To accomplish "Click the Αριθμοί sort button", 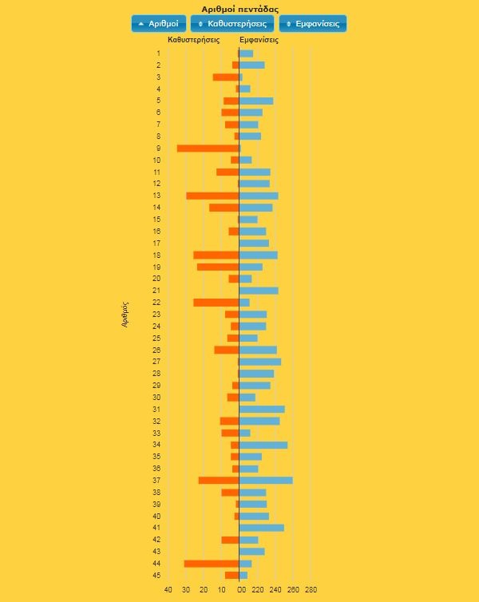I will tap(159, 24).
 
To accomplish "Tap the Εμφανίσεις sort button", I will tap(313, 24).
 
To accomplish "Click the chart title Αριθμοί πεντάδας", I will tap(239, 9).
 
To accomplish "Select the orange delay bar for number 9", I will tap(208, 149).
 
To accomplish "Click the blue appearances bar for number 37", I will tap(266, 480).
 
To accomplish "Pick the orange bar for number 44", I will tap(212, 564).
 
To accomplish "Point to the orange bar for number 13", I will tap(212, 196).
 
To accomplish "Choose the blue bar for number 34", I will tap(263, 445).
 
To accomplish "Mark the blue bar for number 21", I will tap(259, 291).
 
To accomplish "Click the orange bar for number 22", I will tap(216, 303).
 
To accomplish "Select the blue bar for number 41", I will tap(262, 528).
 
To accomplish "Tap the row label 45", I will tap(158, 576).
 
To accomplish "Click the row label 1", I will tap(158, 53).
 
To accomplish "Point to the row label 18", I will tap(157, 255).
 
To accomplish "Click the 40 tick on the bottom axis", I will tap(168, 590).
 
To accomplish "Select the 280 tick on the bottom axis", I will tap(311, 590).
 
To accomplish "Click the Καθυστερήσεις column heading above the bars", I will tap(194, 39).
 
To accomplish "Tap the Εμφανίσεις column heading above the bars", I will tap(259, 39).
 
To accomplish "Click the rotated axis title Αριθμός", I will tap(125, 315).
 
